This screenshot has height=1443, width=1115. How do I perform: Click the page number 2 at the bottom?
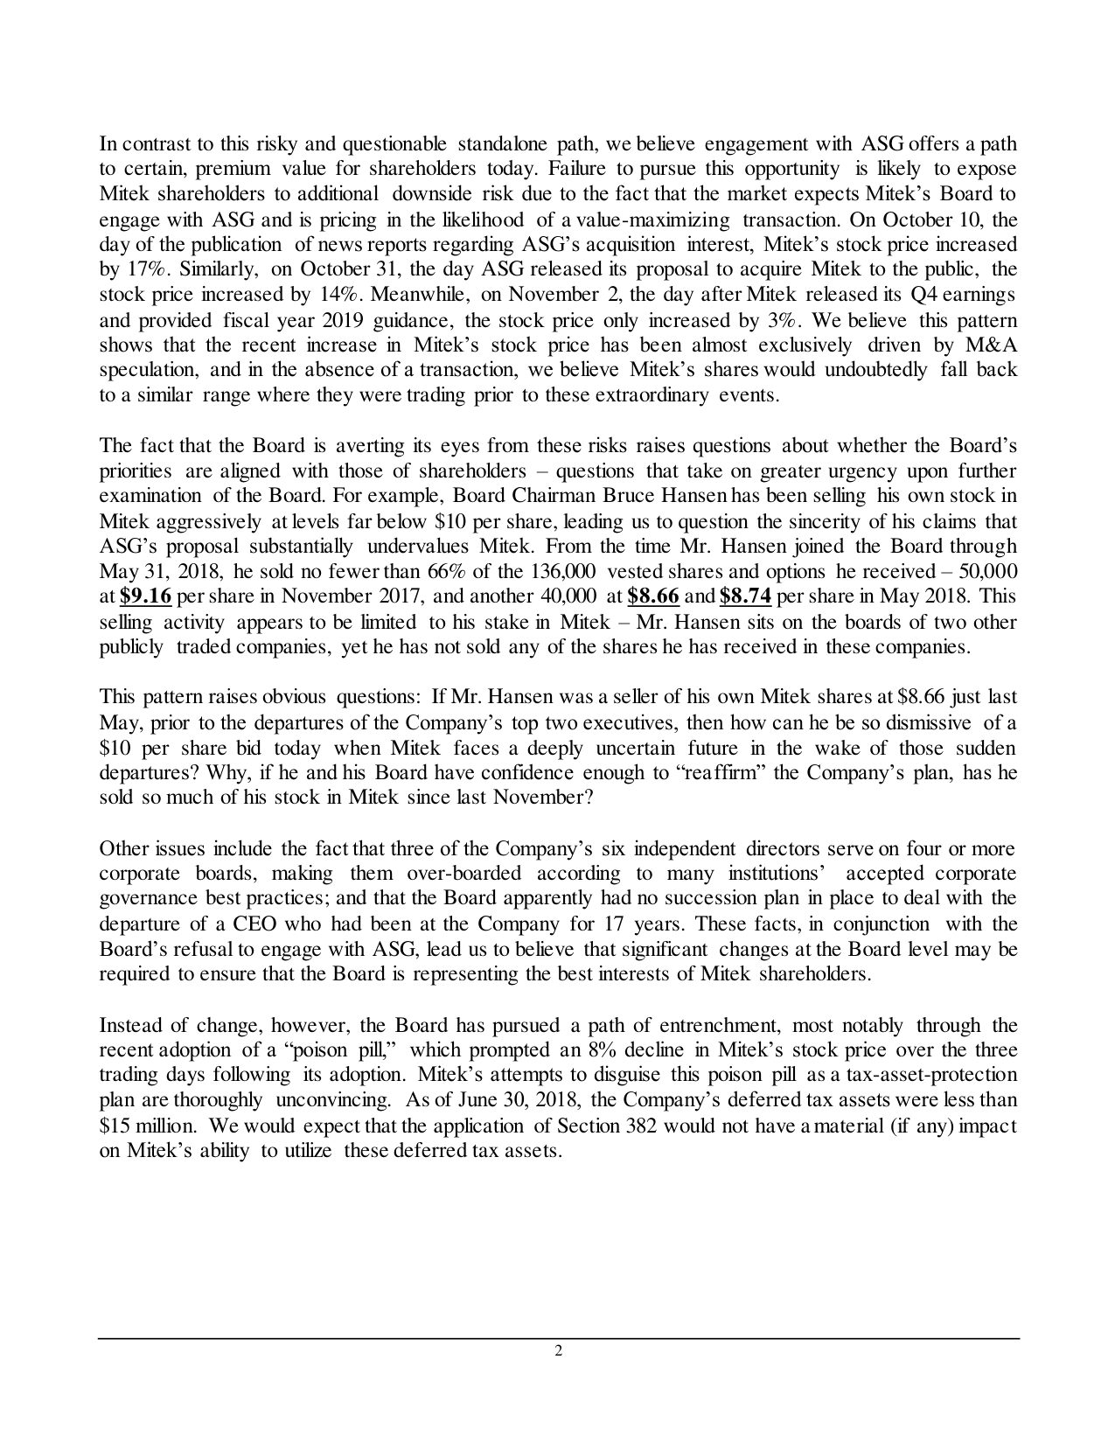558,1351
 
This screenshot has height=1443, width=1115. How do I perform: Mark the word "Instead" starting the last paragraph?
129,1025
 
